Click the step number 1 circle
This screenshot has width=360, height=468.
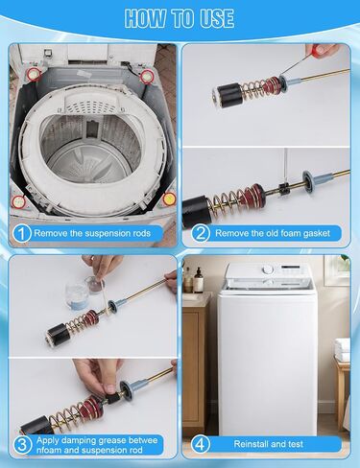[x=21, y=233]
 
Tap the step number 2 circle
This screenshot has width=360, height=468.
[x=201, y=233]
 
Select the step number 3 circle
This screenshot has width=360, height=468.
[x=22, y=445]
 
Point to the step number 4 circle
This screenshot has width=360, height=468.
[x=201, y=444]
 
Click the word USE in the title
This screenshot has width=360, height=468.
[x=217, y=18]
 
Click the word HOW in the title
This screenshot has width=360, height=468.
[x=146, y=18]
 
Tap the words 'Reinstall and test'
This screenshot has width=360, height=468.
[x=268, y=444]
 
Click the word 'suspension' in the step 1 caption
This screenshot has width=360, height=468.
[x=108, y=233]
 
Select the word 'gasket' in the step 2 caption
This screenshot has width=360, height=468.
[x=316, y=233]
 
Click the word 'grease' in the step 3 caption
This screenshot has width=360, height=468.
[x=112, y=441]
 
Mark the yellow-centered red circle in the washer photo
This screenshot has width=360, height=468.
[x=169, y=199]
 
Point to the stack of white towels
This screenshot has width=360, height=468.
[x=342, y=349]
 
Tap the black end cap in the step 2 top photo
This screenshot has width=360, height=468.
[x=229, y=95]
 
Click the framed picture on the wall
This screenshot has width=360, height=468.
[x=337, y=270]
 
